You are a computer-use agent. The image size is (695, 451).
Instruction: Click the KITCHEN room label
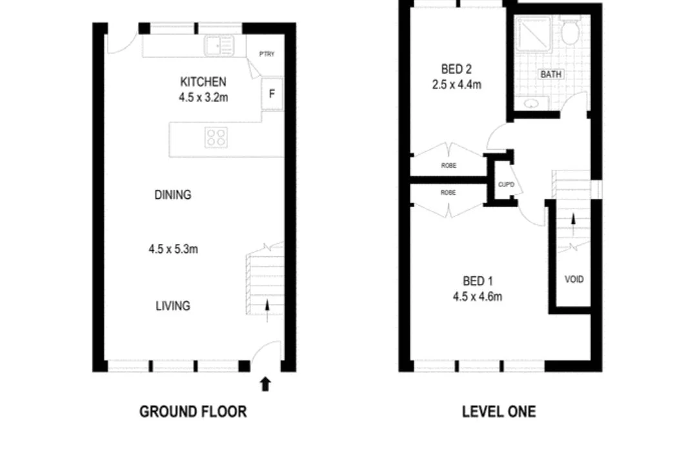(x=203, y=82)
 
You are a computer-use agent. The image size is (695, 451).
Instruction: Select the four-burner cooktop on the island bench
(x=216, y=137)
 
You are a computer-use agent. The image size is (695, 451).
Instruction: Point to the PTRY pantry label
(x=267, y=54)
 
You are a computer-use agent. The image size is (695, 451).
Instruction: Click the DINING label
(x=173, y=195)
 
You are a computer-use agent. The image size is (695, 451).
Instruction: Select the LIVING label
(x=173, y=306)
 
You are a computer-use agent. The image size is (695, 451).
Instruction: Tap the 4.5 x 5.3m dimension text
(x=173, y=249)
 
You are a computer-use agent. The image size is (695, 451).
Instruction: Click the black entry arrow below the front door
(x=265, y=385)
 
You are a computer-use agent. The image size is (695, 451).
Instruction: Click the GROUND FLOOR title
(x=193, y=412)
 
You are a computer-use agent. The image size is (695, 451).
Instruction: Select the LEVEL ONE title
(x=499, y=412)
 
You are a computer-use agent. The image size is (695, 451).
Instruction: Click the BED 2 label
(x=457, y=70)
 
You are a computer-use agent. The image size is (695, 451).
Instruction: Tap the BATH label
(x=550, y=74)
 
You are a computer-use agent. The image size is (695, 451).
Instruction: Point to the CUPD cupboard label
(x=506, y=185)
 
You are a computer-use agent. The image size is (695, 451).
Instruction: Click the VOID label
(x=574, y=279)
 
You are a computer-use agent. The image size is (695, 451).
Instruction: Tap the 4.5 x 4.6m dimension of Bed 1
(x=478, y=297)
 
